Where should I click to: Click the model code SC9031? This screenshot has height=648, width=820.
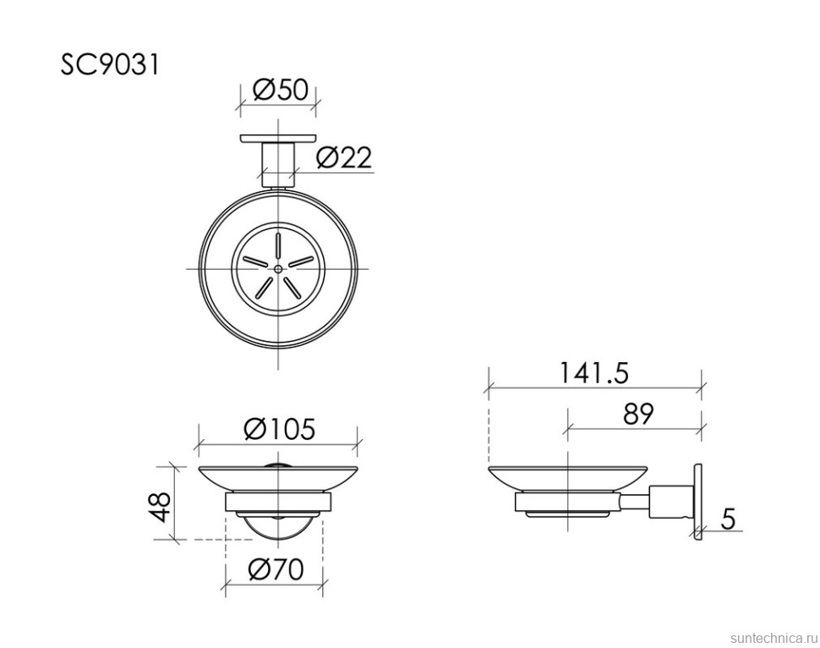point(109,65)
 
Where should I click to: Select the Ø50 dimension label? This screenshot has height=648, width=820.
point(279,90)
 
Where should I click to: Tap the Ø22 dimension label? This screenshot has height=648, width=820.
point(344,157)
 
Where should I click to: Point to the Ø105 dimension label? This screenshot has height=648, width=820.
point(279,430)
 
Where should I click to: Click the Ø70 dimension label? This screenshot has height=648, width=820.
point(276,569)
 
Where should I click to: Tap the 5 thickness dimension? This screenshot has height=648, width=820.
point(727,517)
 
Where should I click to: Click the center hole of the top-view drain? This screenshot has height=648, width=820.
point(278,268)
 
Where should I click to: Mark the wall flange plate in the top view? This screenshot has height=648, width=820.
point(278,138)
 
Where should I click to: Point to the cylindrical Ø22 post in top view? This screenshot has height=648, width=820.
point(278,162)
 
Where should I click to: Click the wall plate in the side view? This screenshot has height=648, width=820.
point(698,500)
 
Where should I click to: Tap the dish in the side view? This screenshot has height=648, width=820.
point(567,477)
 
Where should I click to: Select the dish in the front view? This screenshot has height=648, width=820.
point(278,478)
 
